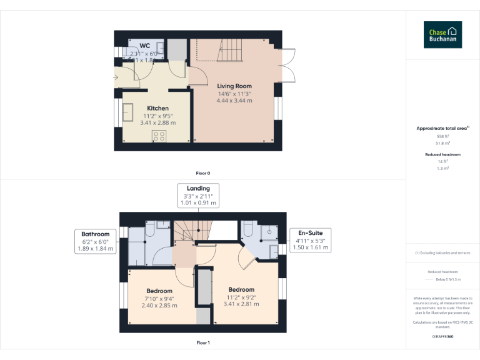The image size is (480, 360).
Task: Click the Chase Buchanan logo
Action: tap(443, 34)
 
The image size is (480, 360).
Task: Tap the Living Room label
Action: tap(234, 86)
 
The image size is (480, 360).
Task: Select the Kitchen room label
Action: tap(157, 108)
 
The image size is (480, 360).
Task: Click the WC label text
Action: tap(144, 46)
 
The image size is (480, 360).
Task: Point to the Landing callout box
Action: tap(198, 195)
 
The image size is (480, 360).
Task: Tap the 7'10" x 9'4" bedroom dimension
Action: tap(159, 298)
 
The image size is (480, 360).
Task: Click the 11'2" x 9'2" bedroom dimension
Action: tap(241, 297)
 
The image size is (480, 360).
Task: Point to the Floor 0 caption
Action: tap(203, 172)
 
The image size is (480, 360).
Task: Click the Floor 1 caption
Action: tap(203, 342)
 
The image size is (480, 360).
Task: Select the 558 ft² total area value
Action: tap(442, 136)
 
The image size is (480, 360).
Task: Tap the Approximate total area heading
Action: tap(442, 128)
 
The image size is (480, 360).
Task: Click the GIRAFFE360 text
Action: tap(442, 337)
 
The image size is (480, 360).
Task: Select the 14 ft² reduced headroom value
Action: tap(442, 162)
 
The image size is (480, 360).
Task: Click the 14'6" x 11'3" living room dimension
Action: tap(234, 94)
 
